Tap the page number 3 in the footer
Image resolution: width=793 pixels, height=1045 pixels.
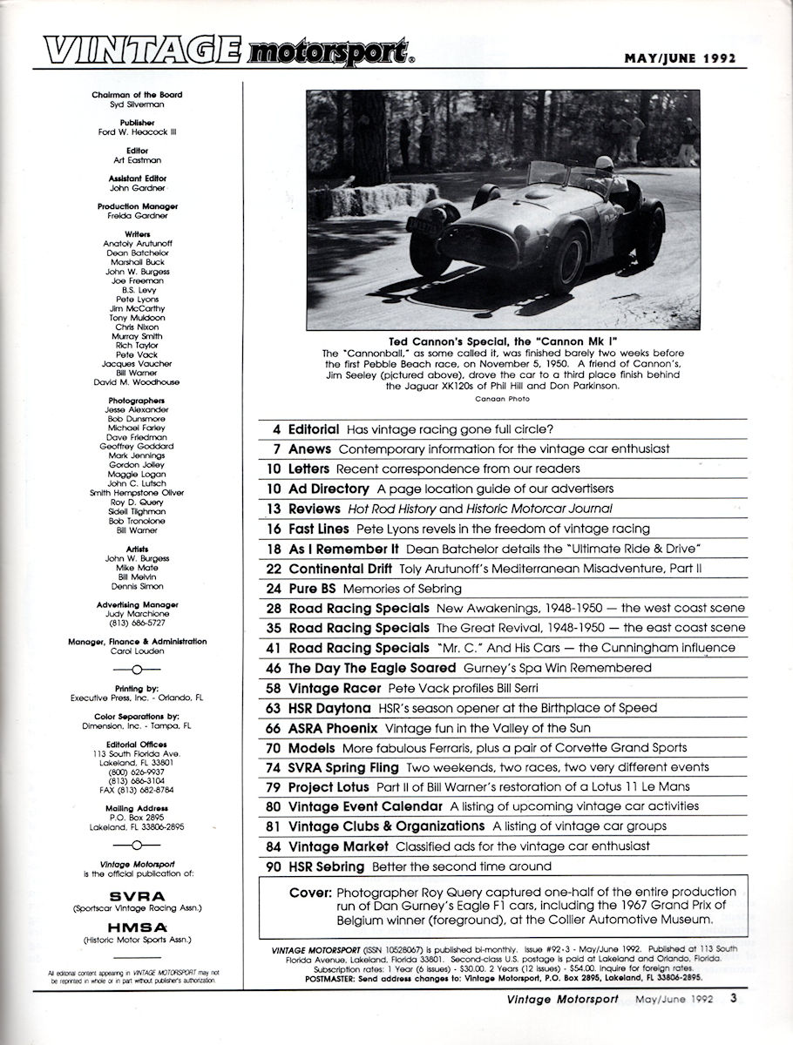click(x=735, y=1024)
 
